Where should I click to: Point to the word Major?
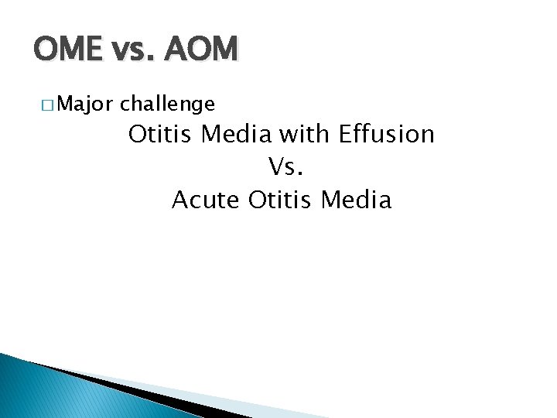coord(84,103)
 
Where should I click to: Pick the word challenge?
coord(168,103)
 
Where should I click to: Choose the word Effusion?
coord(387,134)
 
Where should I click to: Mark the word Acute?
coord(207,200)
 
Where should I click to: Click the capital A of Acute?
coord(180,200)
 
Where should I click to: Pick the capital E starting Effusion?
coord(345,134)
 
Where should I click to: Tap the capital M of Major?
coord(64,103)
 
